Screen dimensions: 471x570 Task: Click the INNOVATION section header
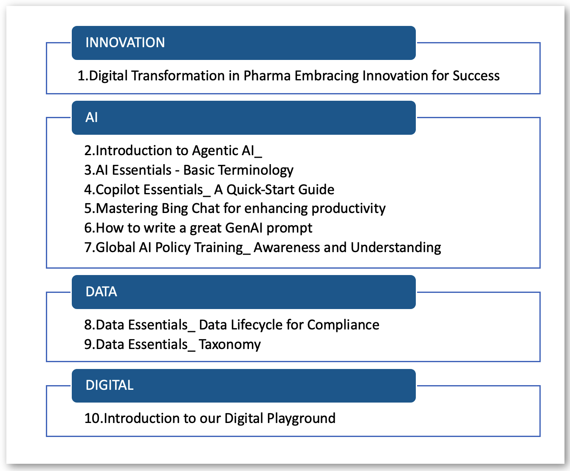125,43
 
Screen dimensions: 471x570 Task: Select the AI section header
92,117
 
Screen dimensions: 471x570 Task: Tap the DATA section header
101,292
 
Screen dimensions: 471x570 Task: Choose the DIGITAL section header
110,385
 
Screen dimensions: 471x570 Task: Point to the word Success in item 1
476,76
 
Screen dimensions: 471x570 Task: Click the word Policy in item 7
172,247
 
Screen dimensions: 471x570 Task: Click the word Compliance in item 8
343,325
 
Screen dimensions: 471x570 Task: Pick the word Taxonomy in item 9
229,345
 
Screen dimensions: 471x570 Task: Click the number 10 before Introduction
92,419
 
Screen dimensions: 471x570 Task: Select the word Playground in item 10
301,419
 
